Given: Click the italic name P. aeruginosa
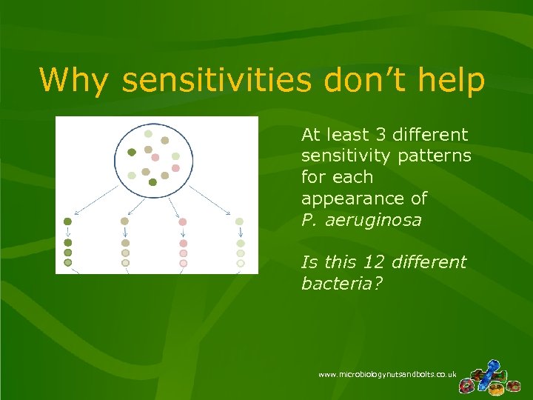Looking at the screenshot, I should point(361,221).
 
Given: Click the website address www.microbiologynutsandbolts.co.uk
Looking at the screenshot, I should point(387,375).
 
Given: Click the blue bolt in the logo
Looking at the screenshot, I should point(490,370).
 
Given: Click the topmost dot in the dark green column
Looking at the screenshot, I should point(67,221).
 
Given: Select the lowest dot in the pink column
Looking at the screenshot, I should point(183,263).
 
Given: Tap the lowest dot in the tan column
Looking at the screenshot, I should point(125,263).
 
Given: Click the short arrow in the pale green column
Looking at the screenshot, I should point(239,232).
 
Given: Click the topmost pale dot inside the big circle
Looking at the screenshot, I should point(148,134).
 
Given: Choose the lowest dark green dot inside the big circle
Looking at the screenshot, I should point(152,181).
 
